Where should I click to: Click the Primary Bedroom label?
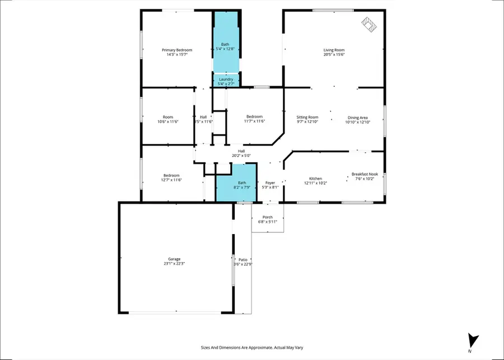[x=177, y=50]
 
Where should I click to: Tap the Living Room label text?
[x=334, y=50]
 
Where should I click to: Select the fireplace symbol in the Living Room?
[x=369, y=24]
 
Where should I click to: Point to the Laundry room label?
[x=226, y=80]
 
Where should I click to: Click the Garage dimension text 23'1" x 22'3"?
[x=175, y=263]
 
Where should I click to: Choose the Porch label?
[x=268, y=217]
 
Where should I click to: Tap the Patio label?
[x=243, y=260]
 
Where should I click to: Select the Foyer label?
[x=270, y=183]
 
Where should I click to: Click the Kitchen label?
[x=316, y=179]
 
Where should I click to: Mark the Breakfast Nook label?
[x=365, y=174]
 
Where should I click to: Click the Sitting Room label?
[x=307, y=117]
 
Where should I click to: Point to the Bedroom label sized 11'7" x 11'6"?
[x=254, y=116]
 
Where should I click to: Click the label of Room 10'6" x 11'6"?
[x=167, y=117]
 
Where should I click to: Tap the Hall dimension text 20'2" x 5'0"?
[x=241, y=156]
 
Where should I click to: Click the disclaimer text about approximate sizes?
[x=251, y=347]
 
